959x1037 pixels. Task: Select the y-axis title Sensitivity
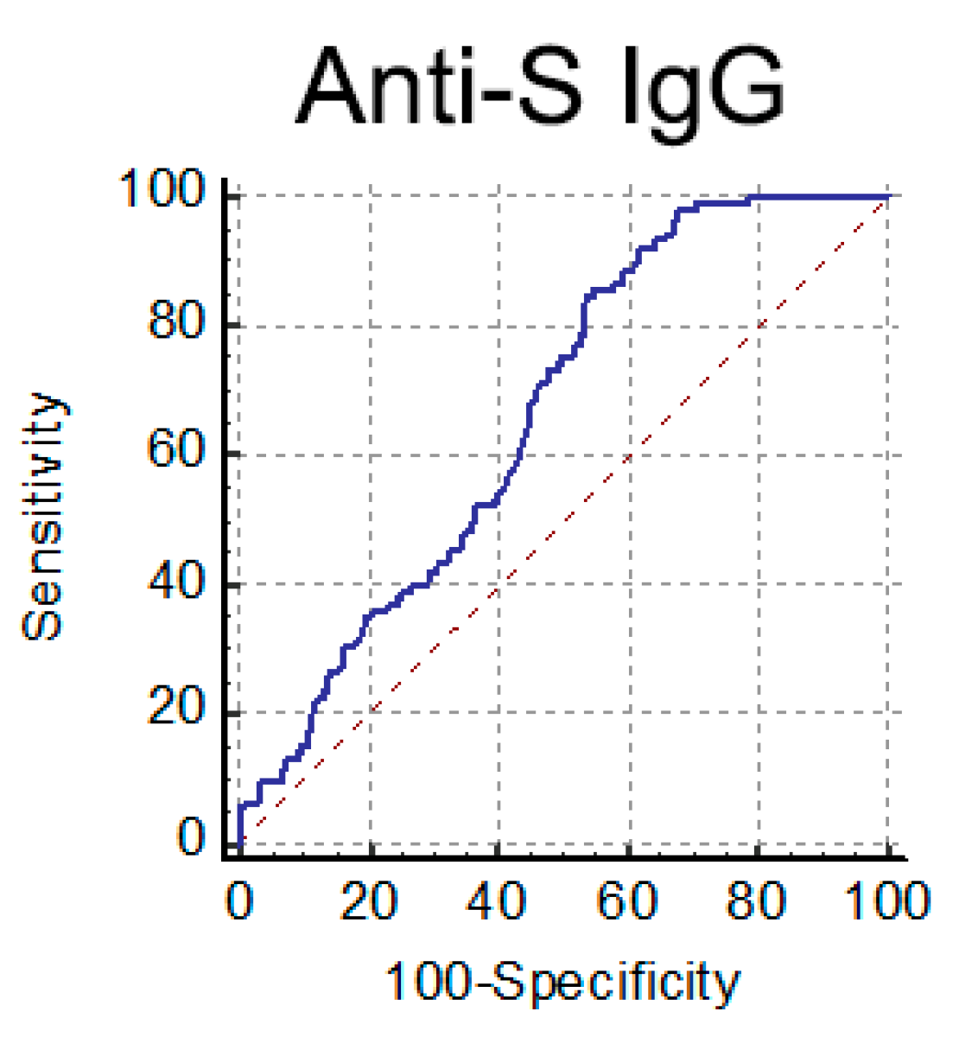point(43,517)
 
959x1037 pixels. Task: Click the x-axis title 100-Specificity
point(562,983)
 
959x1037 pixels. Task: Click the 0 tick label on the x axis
point(239,900)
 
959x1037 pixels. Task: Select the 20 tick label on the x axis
point(369,900)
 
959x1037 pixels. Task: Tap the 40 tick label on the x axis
point(499,900)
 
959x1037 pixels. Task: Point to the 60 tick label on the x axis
point(628,900)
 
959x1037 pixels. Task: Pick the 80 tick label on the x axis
point(758,900)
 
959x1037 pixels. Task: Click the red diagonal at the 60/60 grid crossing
point(628,455)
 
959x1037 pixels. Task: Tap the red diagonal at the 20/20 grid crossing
point(370,714)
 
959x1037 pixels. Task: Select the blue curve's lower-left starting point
point(239,843)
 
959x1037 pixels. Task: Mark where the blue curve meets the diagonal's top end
point(887,197)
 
